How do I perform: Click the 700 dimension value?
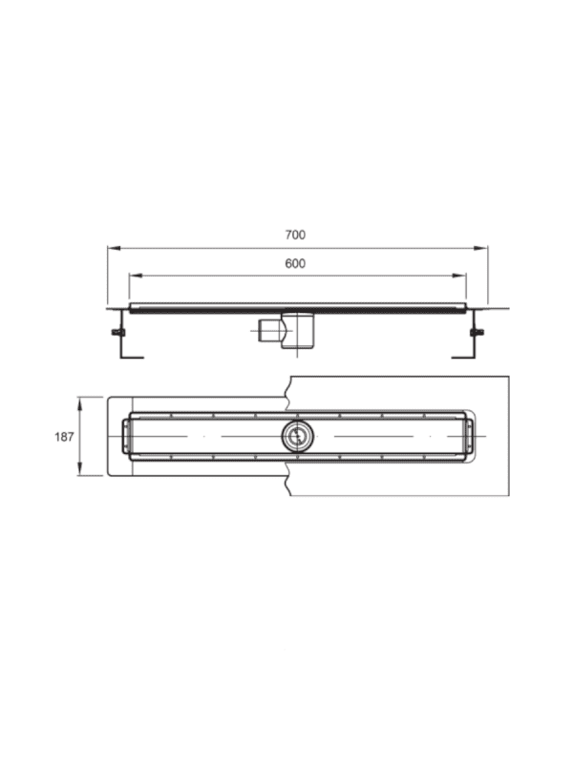tap(295, 235)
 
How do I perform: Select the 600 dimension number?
tap(295, 264)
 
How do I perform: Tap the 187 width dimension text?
tap(64, 437)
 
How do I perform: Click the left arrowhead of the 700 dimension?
tap(114, 248)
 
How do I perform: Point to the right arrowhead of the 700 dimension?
tap(481, 248)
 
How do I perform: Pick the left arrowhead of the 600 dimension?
tap(136, 276)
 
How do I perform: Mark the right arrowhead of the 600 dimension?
tap(459, 276)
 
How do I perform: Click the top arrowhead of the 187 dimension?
tap(80, 403)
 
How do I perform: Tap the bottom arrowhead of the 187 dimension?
tap(80, 469)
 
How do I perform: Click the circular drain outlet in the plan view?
tap(297, 436)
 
